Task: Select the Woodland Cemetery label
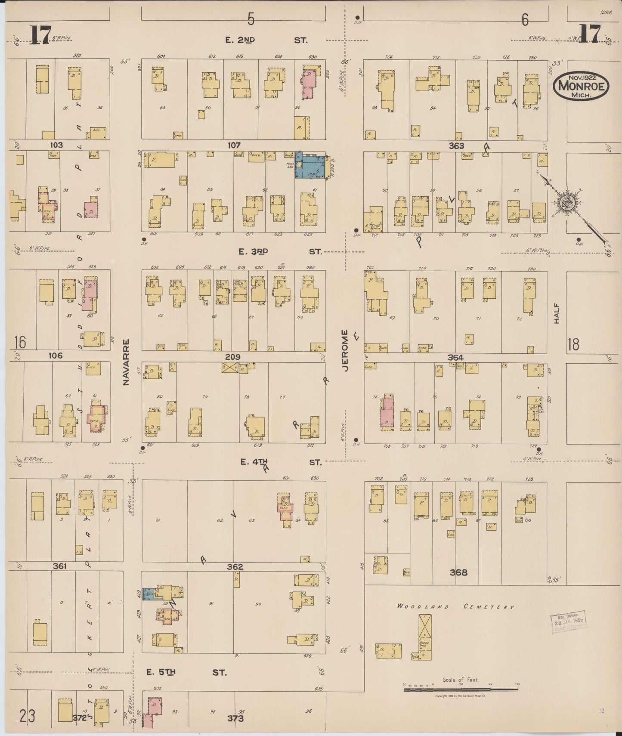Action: click(455, 606)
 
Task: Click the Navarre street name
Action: click(126, 362)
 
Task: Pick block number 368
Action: click(458, 572)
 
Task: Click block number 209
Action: click(232, 357)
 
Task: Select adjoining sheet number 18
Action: click(573, 344)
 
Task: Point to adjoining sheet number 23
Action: click(28, 717)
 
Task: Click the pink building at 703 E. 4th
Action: click(387, 414)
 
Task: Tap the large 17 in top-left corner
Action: click(40, 34)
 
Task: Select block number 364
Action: click(455, 358)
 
